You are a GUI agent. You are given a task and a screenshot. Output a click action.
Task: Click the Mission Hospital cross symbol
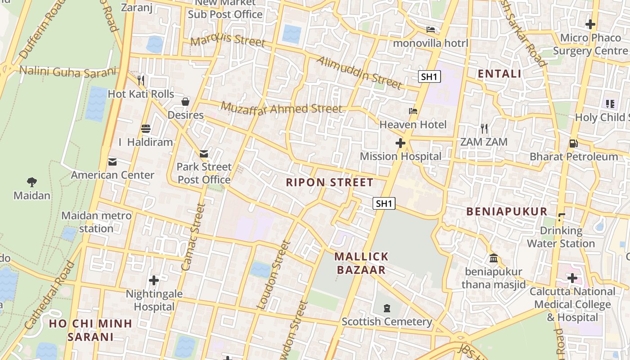click(x=400, y=143)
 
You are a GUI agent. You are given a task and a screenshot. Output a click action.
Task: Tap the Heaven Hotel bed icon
click(x=413, y=111)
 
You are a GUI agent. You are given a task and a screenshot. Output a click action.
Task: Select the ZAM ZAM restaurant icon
click(x=484, y=129)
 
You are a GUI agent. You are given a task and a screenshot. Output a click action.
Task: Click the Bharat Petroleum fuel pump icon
click(x=574, y=144)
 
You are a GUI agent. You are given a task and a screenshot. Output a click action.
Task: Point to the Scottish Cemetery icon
click(x=387, y=308)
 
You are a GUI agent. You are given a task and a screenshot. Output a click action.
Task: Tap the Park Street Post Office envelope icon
click(x=204, y=154)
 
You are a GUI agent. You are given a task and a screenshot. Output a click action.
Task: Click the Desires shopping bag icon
click(x=185, y=102)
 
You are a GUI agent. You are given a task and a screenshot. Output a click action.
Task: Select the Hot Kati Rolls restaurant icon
click(x=141, y=81)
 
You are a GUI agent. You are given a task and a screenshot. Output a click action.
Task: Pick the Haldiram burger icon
click(x=145, y=129)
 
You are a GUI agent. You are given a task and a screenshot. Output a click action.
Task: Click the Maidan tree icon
click(x=31, y=182)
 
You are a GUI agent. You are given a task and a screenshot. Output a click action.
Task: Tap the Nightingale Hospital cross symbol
click(x=154, y=280)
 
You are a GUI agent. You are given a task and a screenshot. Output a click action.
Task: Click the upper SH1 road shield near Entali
click(x=429, y=76)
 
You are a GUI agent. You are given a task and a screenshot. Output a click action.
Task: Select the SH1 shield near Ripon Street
click(x=384, y=203)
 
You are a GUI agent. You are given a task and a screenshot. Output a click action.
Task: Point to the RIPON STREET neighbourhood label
click(x=329, y=182)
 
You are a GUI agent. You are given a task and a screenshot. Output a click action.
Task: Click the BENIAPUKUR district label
click(x=507, y=211)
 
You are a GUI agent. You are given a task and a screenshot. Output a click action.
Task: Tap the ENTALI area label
click(x=499, y=74)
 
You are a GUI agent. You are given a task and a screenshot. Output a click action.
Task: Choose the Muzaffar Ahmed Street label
click(x=282, y=108)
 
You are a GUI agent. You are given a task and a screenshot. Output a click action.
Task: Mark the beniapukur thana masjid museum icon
click(x=494, y=258)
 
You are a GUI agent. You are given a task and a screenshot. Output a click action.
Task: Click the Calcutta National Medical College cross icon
click(x=572, y=278)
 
